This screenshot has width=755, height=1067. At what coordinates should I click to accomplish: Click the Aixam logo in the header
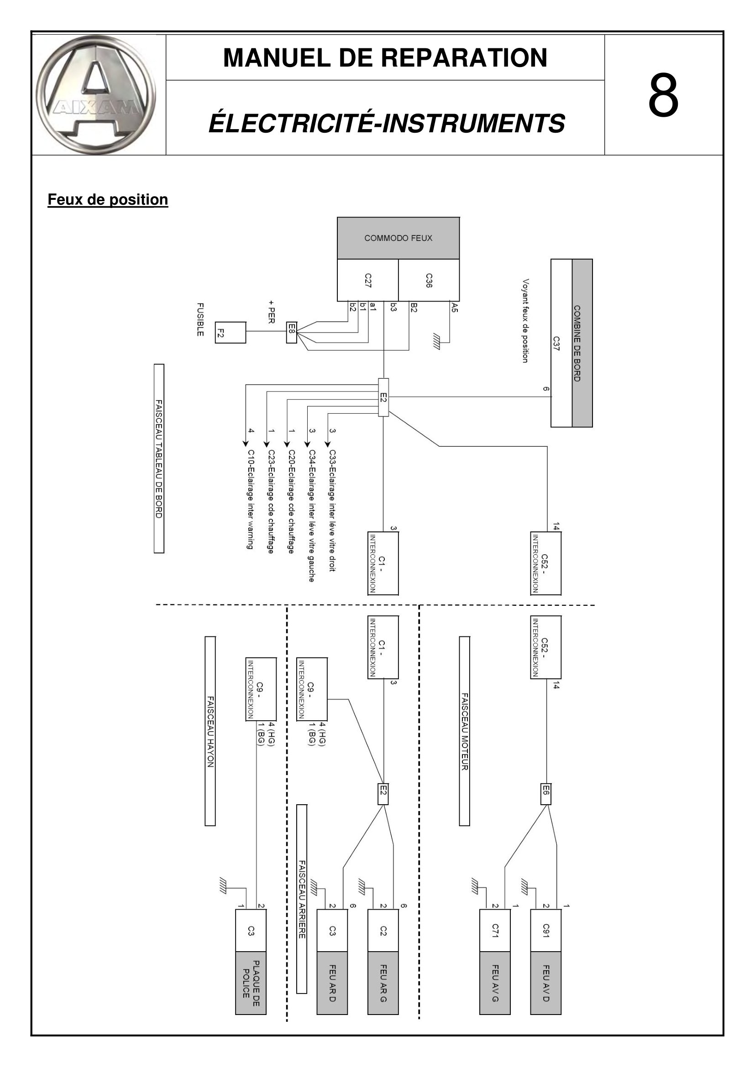[x=96, y=94]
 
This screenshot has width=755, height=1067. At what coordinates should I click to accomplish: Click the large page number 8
[x=663, y=95]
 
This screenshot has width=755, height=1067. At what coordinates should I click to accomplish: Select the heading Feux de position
[x=108, y=199]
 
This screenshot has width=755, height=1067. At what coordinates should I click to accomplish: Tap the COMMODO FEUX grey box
[x=398, y=238]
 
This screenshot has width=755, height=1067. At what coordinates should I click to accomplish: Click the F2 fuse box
[x=231, y=332]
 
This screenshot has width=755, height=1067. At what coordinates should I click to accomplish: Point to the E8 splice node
[x=292, y=332]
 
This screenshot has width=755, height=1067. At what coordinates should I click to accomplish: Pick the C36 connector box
[x=429, y=280]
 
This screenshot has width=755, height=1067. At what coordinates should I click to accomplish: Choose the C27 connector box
[x=368, y=280]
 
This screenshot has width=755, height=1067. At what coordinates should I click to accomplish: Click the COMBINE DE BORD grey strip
[x=582, y=343]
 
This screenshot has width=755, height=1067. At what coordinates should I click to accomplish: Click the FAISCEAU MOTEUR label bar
[x=464, y=731]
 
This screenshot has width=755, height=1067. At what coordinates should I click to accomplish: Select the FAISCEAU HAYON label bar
[x=210, y=731]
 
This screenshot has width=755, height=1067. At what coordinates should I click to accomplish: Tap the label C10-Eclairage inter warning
[x=251, y=500]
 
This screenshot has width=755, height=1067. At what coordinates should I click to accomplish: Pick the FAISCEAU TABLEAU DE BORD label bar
[x=159, y=458]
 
